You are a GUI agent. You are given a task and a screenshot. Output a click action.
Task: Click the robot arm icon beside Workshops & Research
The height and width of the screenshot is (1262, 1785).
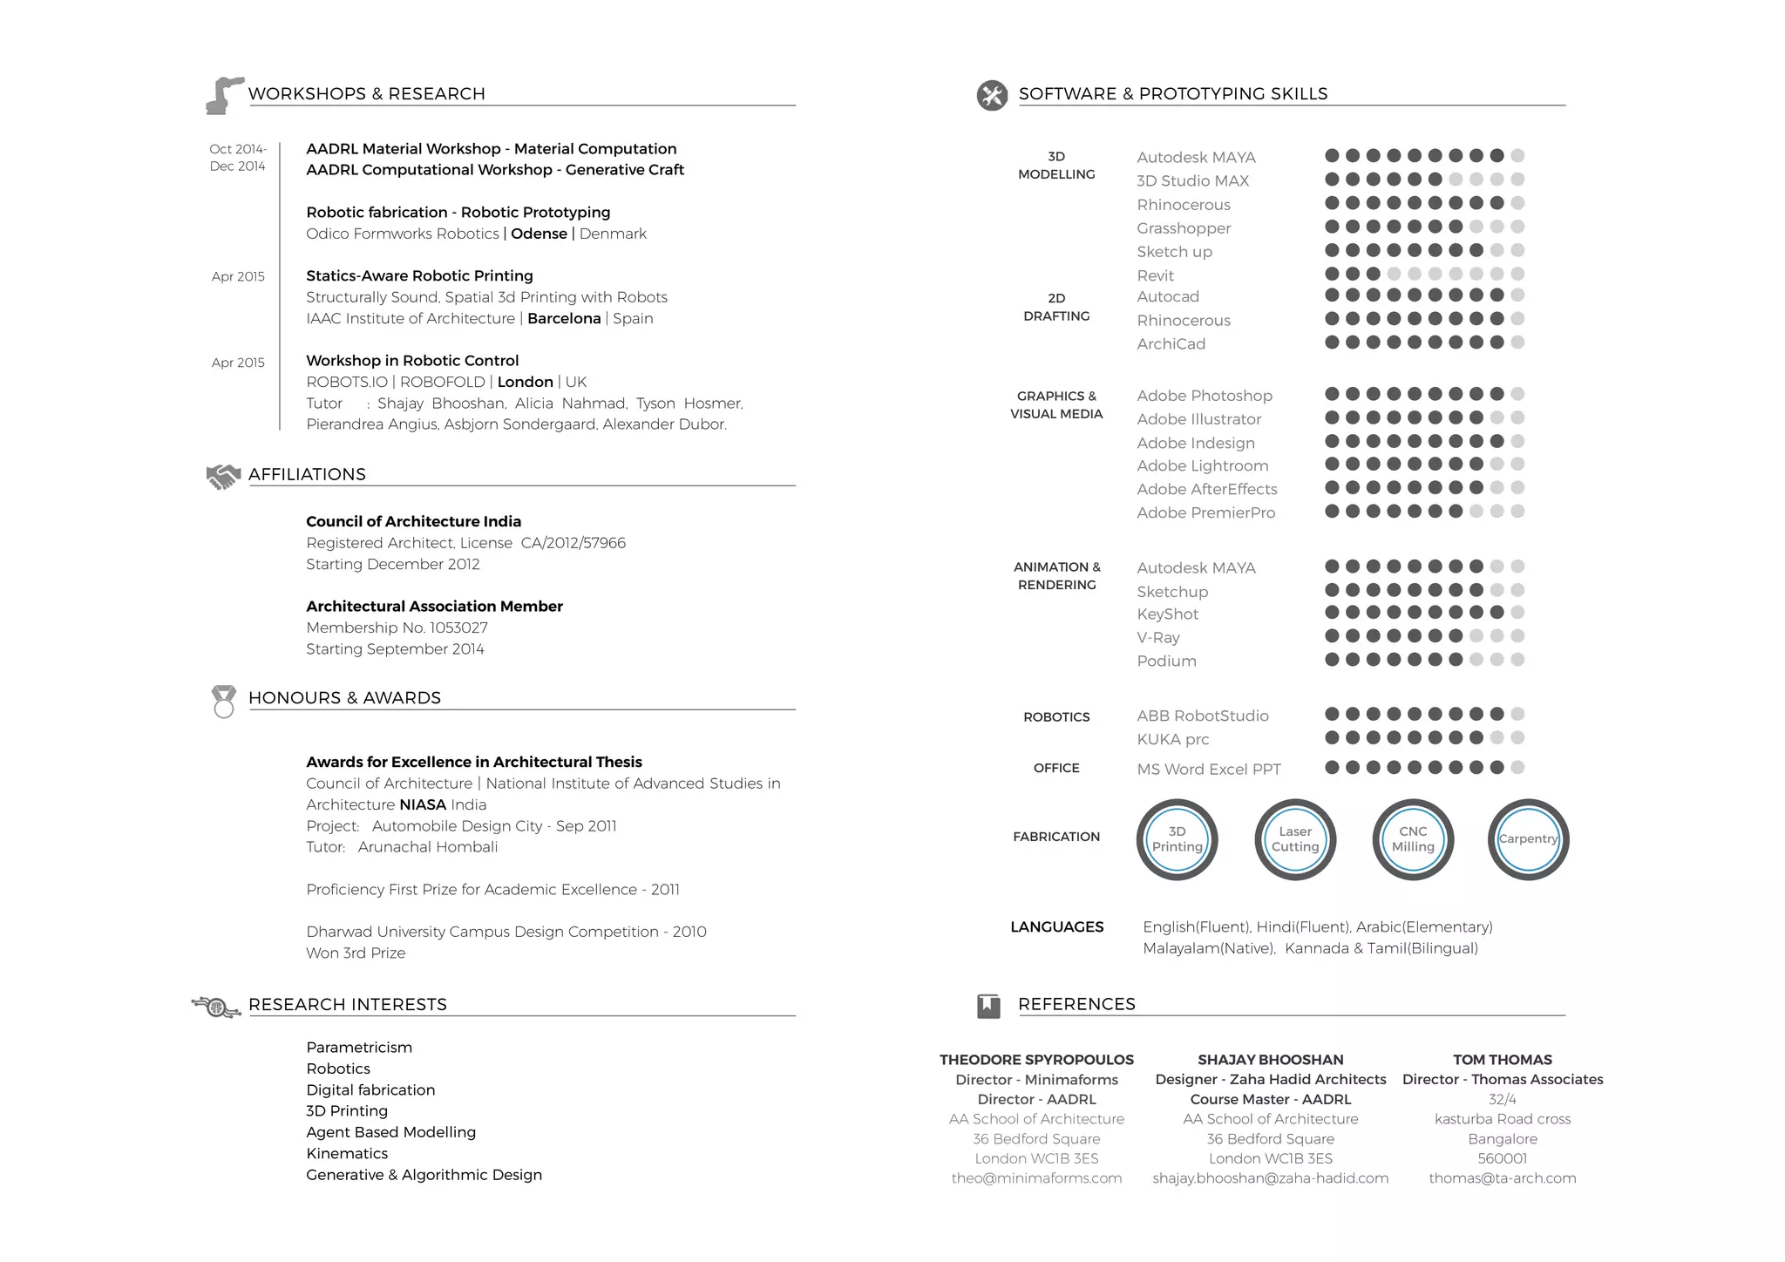223,95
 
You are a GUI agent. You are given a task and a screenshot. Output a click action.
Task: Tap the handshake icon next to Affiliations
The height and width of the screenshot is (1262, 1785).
222,476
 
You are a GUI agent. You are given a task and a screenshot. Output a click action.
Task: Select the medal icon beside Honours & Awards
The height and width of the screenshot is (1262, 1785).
224,701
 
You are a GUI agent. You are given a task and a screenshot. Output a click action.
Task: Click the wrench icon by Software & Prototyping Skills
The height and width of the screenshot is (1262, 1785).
992,95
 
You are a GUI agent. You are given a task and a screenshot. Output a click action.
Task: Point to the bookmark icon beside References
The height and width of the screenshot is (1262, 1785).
988,1006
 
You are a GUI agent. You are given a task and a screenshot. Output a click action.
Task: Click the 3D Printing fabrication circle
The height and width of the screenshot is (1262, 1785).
1177,839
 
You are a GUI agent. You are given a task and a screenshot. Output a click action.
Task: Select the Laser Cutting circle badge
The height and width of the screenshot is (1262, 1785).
1294,839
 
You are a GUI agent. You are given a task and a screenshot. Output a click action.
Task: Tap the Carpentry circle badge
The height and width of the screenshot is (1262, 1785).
1528,839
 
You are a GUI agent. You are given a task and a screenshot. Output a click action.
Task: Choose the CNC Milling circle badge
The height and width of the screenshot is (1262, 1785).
1412,839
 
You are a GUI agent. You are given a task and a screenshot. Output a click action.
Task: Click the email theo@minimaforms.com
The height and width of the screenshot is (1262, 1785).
1036,1178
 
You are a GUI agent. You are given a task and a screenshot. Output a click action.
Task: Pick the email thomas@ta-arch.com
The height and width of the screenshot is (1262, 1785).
1502,1178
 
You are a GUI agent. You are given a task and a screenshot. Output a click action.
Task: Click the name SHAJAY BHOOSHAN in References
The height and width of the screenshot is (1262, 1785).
1270,1060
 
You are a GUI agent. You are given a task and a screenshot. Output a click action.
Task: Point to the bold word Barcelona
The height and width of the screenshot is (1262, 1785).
564,318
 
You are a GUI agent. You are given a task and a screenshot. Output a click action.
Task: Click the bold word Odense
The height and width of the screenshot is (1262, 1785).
539,234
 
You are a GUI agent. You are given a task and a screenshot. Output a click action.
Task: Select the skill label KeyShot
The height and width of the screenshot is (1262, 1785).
1167,614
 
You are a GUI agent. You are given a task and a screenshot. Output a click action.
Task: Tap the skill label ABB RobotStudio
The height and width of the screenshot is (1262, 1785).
1202,716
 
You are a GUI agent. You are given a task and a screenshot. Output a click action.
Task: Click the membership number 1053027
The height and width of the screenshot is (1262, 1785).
458,628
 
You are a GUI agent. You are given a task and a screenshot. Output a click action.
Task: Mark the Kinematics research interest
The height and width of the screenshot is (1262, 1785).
347,1153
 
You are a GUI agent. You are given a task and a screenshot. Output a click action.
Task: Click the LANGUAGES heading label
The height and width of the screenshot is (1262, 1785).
1056,926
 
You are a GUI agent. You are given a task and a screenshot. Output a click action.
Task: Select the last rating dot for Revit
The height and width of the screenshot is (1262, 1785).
1517,274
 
